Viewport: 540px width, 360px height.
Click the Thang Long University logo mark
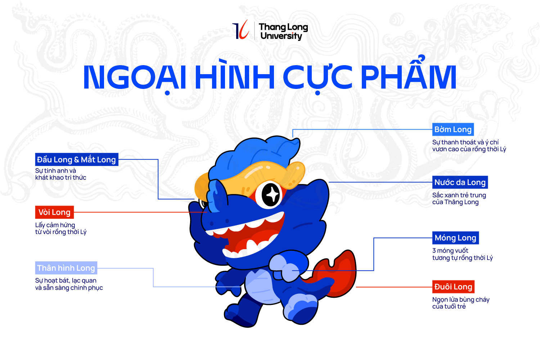pos(240,30)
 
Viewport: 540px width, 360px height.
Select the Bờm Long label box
pos(453,130)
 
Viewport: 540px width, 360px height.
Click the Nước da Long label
pos(460,182)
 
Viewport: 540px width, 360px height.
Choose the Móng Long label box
pos(455,238)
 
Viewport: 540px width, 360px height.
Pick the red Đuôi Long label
pos(453,287)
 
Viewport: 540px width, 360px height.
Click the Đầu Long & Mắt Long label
pos(77,159)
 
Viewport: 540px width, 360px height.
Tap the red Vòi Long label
pos(54,212)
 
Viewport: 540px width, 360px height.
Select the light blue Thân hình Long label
pos(66,268)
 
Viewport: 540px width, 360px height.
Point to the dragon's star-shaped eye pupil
pos(271,194)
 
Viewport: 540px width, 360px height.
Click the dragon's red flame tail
pos(334,274)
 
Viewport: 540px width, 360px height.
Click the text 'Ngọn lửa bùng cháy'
pos(461,300)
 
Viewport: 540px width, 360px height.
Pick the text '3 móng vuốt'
pos(450,251)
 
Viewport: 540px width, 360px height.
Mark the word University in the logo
pos(281,36)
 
